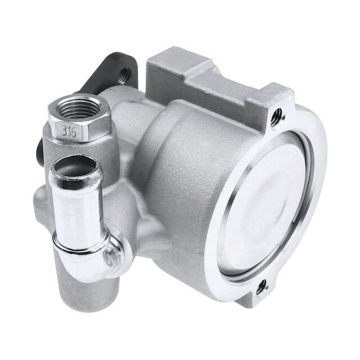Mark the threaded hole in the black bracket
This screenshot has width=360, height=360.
(124, 74)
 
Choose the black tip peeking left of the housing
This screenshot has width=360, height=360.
(39, 150)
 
